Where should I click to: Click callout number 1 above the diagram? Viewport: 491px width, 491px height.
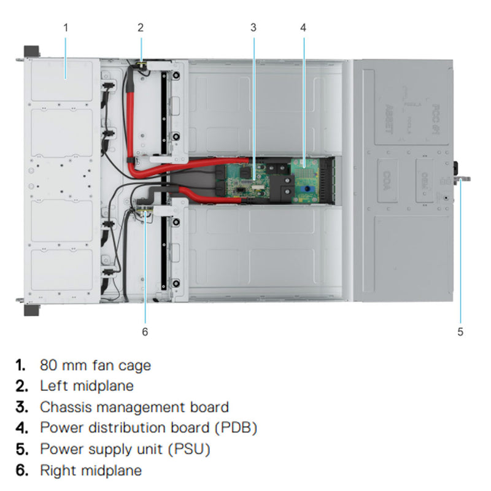point(66,27)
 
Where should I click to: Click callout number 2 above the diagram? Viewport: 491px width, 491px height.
point(141,27)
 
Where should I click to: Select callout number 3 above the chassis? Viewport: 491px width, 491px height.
point(253,27)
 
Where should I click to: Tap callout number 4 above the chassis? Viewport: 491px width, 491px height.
point(303,27)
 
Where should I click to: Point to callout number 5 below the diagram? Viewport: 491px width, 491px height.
point(460,332)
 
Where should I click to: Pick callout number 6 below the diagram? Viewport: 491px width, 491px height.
point(145,332)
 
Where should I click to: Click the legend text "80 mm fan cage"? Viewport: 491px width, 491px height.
point(95,365)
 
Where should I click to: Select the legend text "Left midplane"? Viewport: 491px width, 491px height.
point(87,386)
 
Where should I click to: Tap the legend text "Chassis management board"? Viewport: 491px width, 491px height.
point(134,407)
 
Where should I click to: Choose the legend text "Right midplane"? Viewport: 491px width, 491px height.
point(91,471)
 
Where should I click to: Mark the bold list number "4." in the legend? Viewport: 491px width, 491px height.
point(21,428)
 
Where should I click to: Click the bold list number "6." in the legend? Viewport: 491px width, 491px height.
point(21,471)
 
